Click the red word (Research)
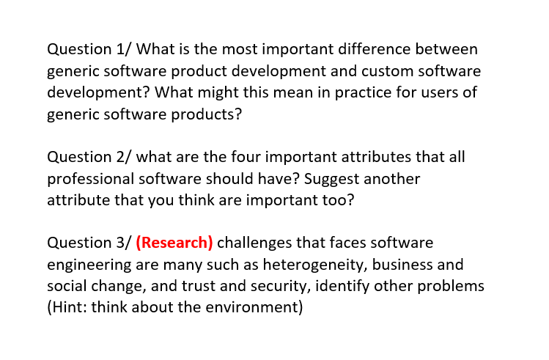click(x=174, y=243)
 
